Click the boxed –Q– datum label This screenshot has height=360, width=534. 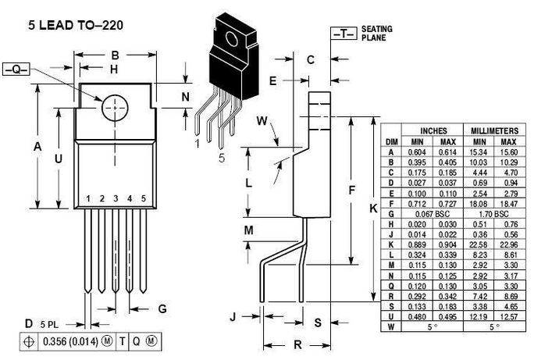(x=16, y=70)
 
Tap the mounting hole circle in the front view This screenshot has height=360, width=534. (x=114, y=108)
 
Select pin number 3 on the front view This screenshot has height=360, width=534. (x=116, y=198)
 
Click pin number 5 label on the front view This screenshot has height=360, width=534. (x=144, y=198)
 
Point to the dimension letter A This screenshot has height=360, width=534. (x=37, y=146)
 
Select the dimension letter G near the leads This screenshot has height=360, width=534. (x=162, y=309)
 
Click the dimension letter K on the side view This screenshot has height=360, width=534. (x=372, y=209)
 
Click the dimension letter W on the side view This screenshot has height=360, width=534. (x=262, y=120)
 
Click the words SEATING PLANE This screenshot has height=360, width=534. (x=376, y=33)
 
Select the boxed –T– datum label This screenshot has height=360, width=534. (x=344, y=34)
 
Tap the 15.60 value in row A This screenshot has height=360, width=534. (x=508, y=152)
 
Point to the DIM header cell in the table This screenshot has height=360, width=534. (x=393, y=141)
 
